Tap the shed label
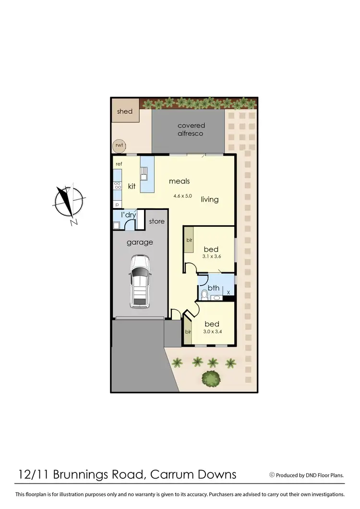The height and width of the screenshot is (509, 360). coord(125,111)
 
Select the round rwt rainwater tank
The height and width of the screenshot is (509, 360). coord(118,145)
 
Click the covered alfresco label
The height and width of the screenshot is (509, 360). coord(191,129)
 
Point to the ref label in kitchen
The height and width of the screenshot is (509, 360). coord(119,164)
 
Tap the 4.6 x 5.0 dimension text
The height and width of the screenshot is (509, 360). coord(182,196)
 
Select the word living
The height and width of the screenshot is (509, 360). coord(210,199)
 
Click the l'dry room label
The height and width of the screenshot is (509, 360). coord(128,215)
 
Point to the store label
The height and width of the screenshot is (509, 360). coord(156,221)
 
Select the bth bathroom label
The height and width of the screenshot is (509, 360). coord(214,288)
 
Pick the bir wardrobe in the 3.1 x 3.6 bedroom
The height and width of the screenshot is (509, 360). coord(189,239)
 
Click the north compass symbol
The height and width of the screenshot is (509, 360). coord(69,201)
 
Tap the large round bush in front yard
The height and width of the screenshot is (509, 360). coord(211,379)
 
